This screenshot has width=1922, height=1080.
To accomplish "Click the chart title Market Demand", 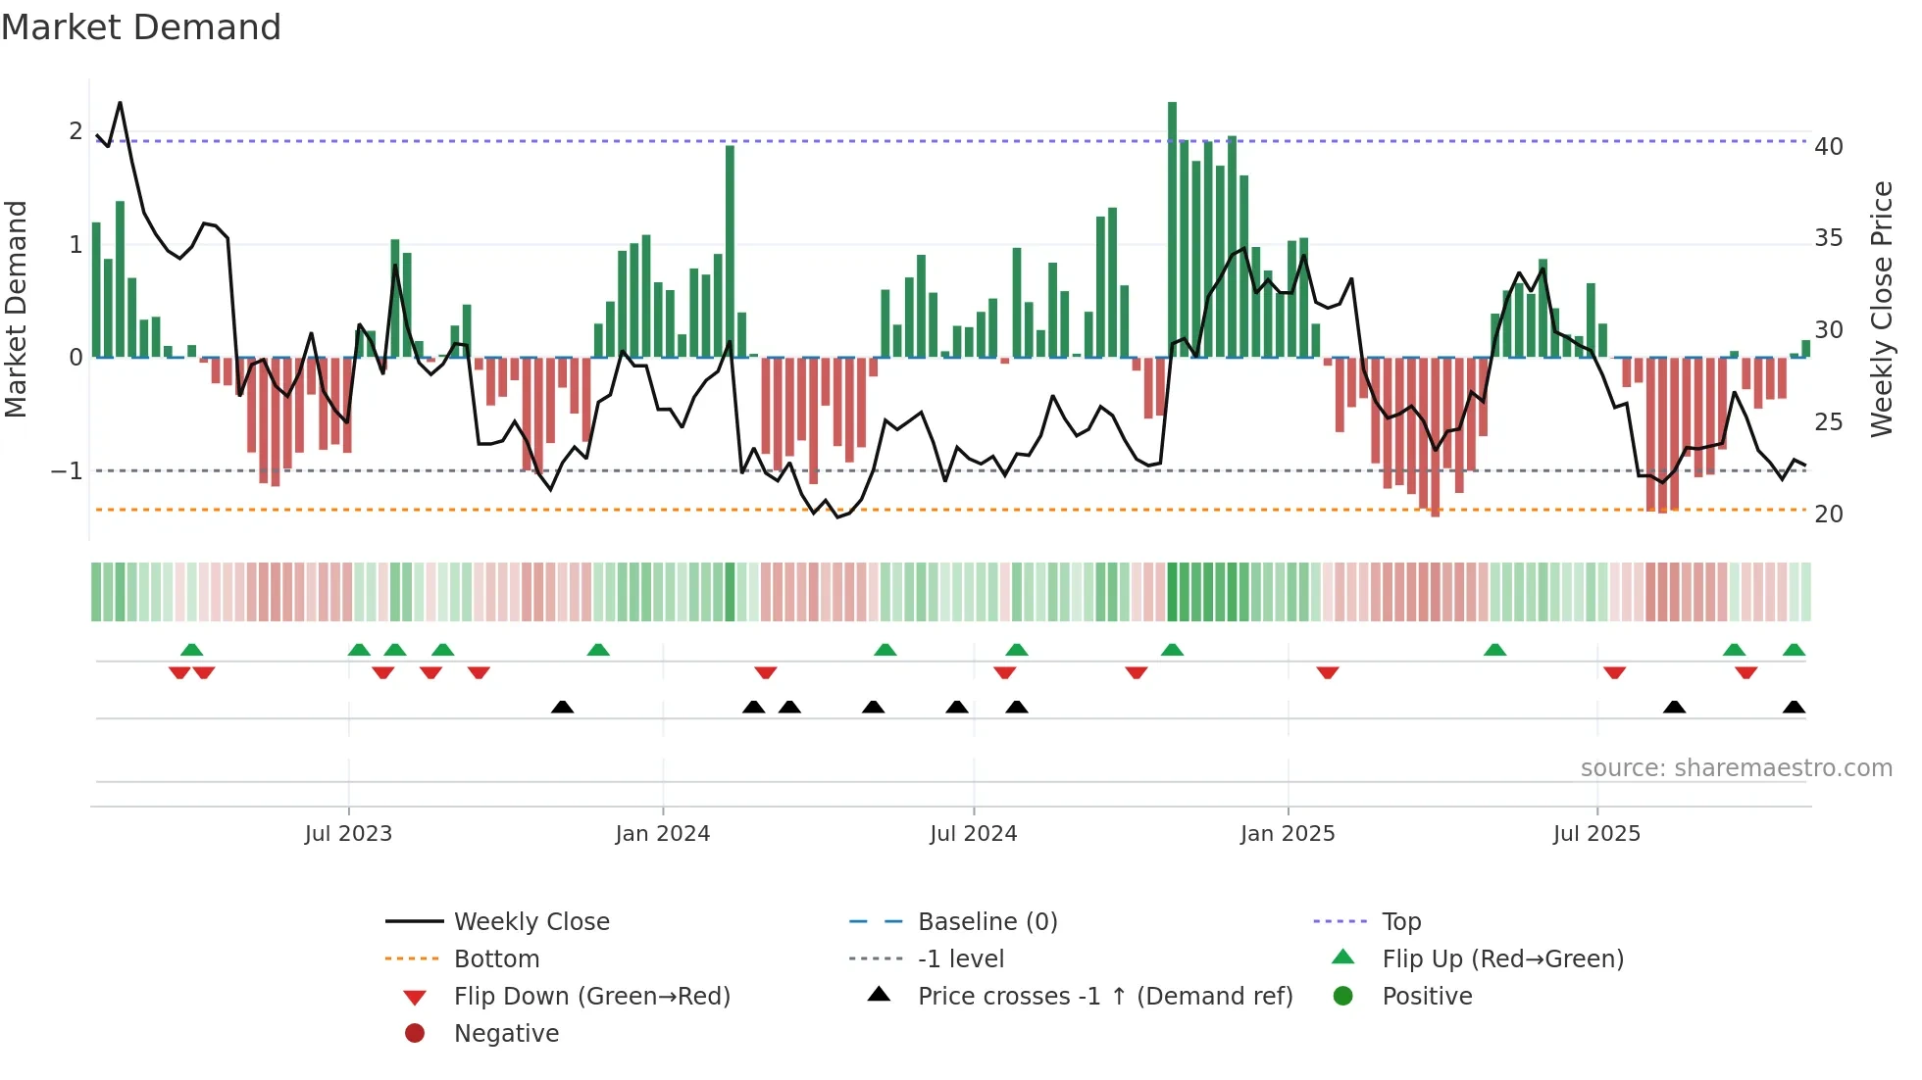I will [141, 27].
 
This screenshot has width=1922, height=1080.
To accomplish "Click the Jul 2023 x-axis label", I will [348, 834].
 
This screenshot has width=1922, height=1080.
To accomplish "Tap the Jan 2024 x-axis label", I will [662, 834].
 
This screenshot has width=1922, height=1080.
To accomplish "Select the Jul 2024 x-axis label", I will [973, 834].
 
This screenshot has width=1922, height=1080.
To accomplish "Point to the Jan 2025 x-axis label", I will [1287, 834].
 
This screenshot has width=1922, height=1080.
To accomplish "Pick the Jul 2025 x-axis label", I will [1596, 834].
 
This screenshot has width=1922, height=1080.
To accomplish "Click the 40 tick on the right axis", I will [1829, 147].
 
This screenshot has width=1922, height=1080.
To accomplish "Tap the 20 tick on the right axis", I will [1829, 515].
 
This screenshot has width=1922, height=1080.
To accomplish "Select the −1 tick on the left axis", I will [68, 471].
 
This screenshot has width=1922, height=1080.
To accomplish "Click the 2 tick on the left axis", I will [76, 131].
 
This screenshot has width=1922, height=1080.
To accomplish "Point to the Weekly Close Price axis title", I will [1881, 309].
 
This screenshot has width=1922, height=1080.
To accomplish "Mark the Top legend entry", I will [1401, 922].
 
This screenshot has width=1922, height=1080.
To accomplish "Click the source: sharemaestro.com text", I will [1736, 768].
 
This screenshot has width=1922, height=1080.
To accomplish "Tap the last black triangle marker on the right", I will [1794, 708].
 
